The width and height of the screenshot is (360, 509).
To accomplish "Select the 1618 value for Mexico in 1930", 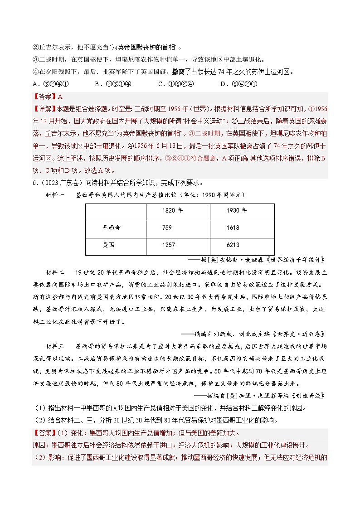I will (233, 228).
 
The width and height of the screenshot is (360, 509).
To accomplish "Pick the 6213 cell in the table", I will (233, 245).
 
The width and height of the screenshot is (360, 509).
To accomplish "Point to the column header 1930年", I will (237, 211).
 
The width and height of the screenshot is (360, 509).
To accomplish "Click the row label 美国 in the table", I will (97, 245).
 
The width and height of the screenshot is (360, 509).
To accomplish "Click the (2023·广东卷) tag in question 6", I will (59, 183).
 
